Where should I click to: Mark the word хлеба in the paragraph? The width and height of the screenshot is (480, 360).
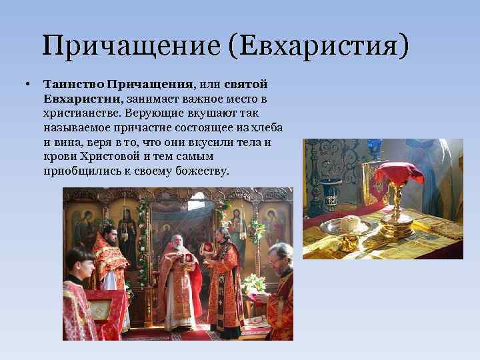pos(267,128)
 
